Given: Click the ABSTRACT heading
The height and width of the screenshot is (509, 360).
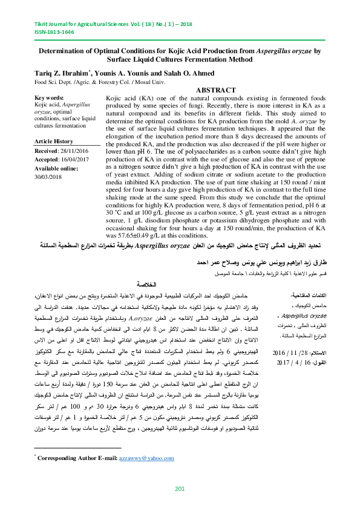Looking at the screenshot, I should [x=216, y=89].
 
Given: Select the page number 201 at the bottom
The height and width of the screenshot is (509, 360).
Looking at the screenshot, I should [x=179, y=488].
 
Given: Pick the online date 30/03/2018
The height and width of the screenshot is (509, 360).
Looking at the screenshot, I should [x=49, y=177].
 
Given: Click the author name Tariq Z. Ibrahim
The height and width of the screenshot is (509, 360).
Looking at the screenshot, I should [x=60, y=73].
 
